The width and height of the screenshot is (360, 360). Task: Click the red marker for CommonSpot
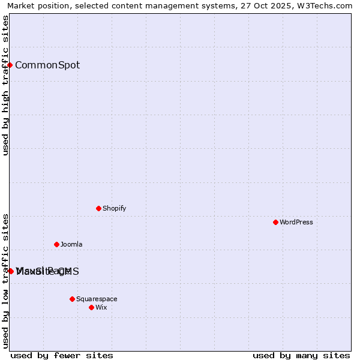coord(10,65)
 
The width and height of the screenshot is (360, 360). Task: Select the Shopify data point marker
coord(98,208)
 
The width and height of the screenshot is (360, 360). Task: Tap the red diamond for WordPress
coord(275,222)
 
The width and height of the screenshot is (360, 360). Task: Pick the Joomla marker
coord(56,244)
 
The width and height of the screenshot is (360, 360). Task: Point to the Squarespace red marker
coord(72,299)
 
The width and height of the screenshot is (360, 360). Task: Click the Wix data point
coord(91,307)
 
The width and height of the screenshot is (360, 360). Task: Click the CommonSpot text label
coord(47,65)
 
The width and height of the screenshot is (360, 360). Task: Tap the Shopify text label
coord(114,208)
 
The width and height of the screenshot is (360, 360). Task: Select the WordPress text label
coord(296,222)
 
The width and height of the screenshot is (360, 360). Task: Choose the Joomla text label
coord(71,244)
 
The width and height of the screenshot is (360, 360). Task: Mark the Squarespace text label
coord(97,299)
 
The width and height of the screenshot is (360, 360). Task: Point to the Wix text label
coord(101,307)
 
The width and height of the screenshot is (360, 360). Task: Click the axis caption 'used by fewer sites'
coord(62,355)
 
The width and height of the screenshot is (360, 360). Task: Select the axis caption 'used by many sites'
coord(301,355)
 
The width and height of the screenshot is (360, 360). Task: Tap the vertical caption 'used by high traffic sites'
coord(5,85)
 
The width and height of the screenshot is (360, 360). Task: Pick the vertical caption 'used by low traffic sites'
coord(5,280)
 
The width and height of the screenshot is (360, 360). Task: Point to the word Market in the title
coord(22,5)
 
